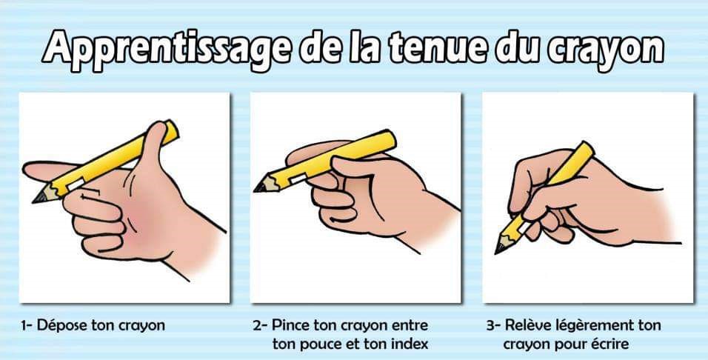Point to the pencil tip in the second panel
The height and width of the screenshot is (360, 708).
pyautogui.click(x=258, y=187)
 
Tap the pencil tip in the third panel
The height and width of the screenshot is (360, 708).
pyautogui.click(x=499, y=250)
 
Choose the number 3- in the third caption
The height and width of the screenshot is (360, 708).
pyautogui.click(x=493, y=325)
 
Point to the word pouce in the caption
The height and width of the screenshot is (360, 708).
pyautogui.click(x=318, y=344)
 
